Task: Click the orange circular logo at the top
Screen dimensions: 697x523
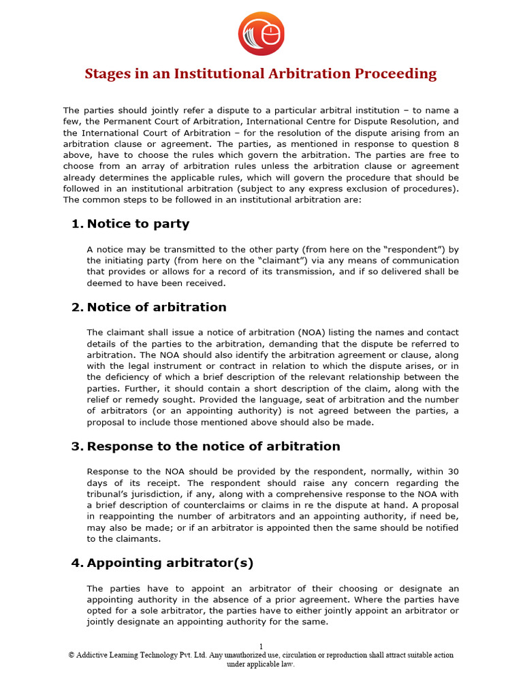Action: pos(261,34)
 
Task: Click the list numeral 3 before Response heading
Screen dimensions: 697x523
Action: pos(76,447)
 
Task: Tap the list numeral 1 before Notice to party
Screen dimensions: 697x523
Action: pos(76,224)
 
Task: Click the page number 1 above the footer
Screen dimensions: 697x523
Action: pos(261,646)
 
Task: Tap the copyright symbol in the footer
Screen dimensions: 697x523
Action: pos(72,655)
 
